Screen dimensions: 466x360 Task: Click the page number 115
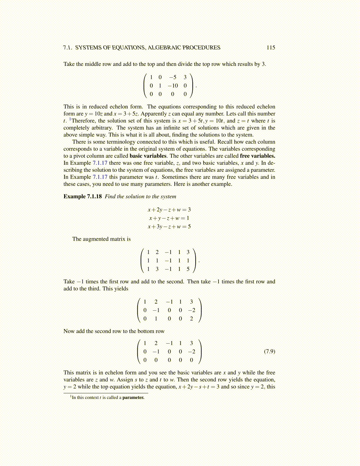tap(271, 48)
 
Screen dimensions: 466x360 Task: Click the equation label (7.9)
tap(269, 351)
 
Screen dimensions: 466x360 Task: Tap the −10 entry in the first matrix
tap(173, 86)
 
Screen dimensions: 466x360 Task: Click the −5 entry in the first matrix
tap(173, 77)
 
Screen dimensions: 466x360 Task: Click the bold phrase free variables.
tap(257, 156)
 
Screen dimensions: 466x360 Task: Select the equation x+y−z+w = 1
tap(169, 218)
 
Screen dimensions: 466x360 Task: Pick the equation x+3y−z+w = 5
tap(169, 227)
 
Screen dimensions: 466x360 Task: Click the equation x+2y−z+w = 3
tap(169, 209)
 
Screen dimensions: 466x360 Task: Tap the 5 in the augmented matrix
tap(188, 269)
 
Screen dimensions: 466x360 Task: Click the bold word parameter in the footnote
tap(133, 397)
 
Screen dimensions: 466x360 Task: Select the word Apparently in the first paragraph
tap(154, 114)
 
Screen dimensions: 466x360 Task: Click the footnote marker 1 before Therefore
tap(70, 119)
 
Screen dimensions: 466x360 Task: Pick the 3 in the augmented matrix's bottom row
tap(157, 269)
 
